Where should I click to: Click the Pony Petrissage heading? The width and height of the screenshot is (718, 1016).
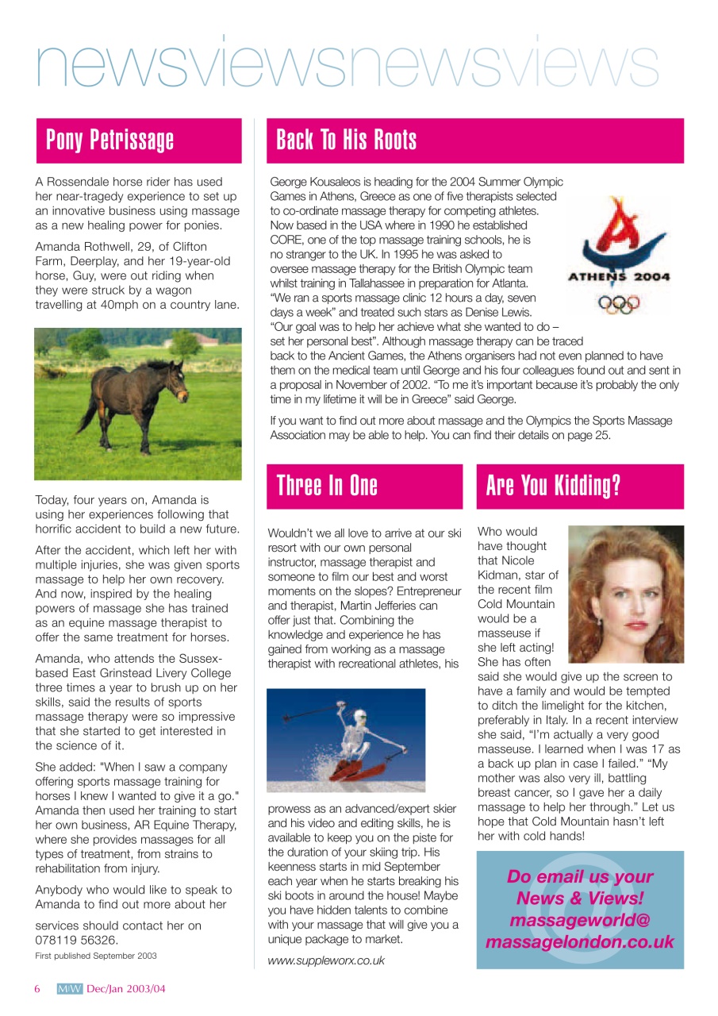110,140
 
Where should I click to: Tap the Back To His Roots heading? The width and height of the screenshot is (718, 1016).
346,140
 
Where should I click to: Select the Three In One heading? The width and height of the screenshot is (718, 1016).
327,486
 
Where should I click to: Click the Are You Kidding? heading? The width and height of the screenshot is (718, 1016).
553,486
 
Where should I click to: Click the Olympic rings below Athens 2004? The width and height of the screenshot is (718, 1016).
619,302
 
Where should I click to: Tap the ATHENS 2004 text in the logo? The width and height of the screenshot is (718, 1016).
619,277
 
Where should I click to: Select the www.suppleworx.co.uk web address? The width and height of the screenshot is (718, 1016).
326,960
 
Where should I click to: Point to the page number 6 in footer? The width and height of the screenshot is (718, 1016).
36,989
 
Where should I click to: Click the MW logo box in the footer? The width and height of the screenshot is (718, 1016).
70,989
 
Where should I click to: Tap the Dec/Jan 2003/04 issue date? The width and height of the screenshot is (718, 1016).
126,989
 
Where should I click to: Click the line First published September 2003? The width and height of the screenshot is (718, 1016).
96,956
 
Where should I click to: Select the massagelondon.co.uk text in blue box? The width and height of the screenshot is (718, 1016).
579,942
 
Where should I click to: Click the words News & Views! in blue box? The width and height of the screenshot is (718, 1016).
579,899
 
